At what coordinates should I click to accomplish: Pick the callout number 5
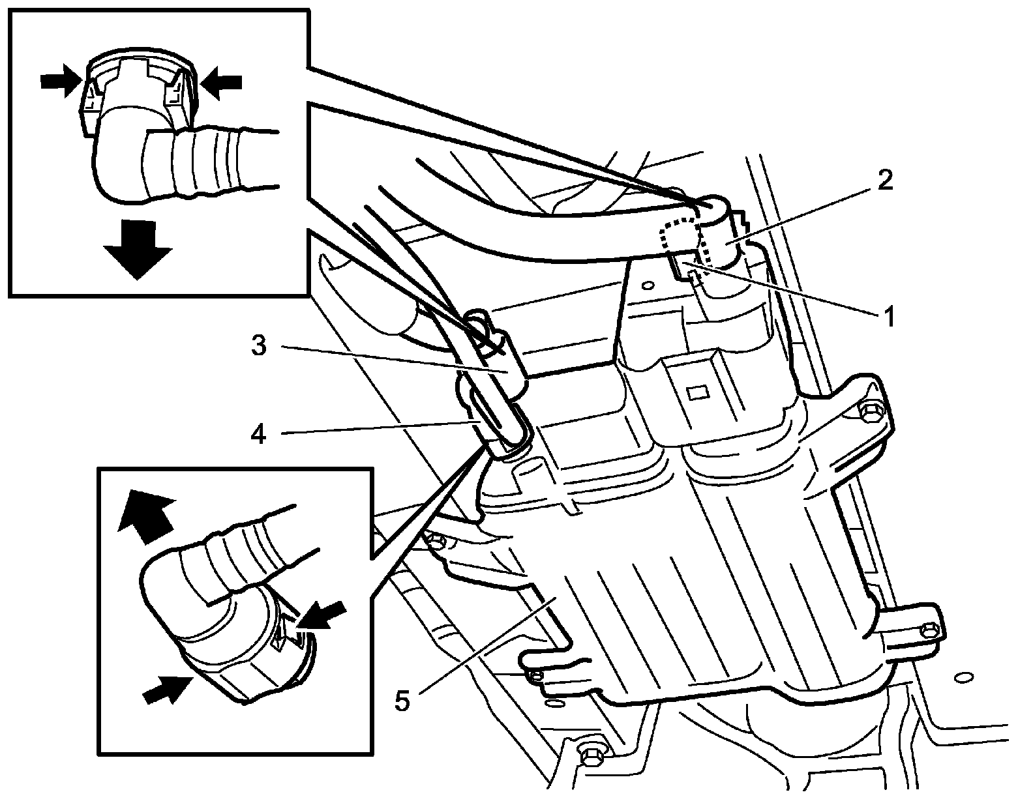pyautogui.click(x=402, y=702)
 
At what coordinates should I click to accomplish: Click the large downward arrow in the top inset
pyautogui.click(x=137, y=250)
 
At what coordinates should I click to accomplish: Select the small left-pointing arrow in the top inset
pyautogui.click(x=222, y=81)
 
